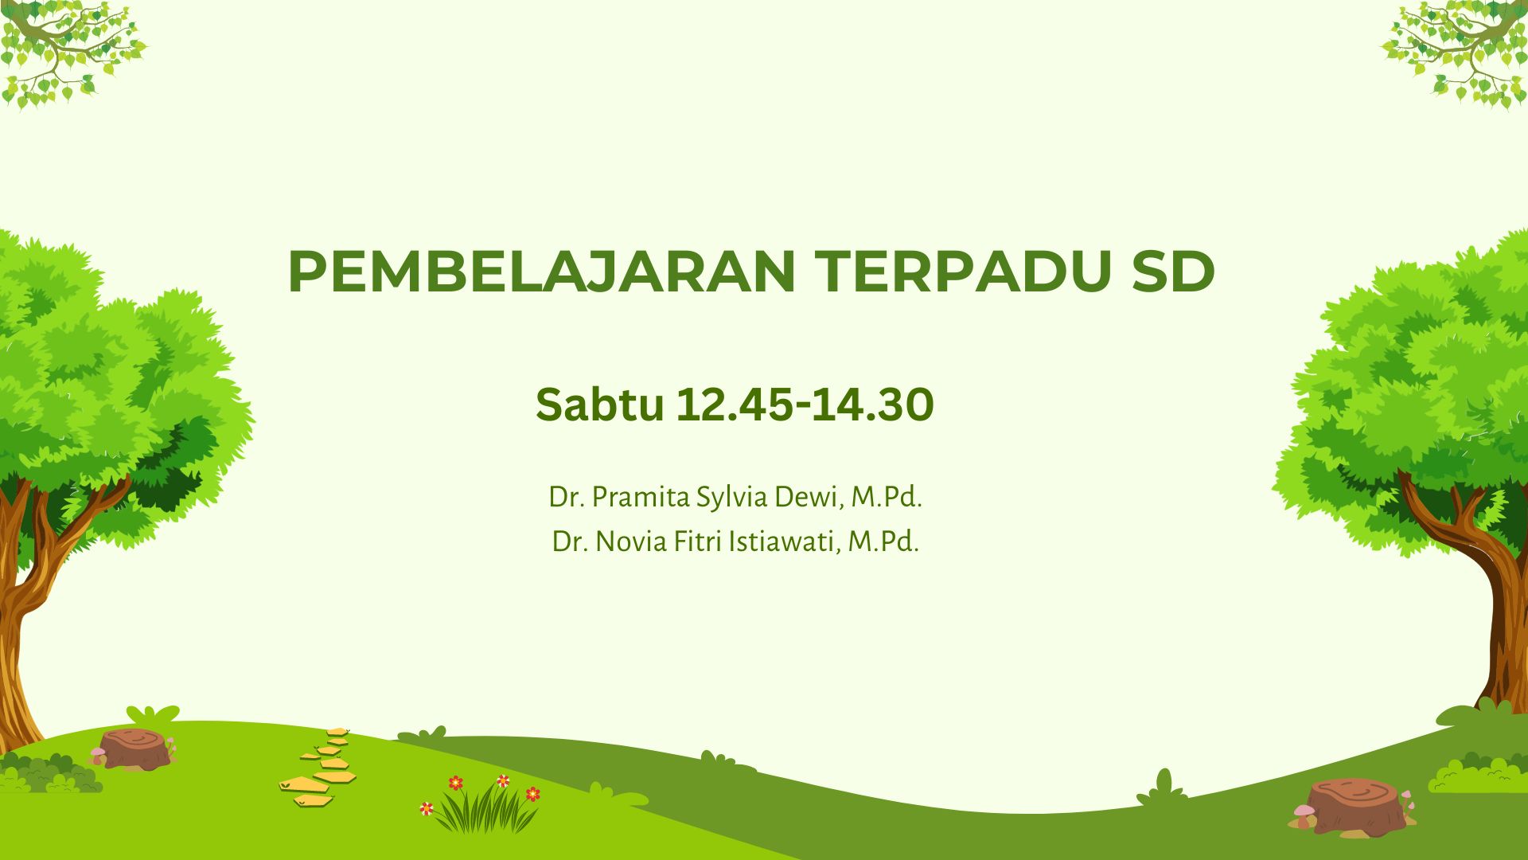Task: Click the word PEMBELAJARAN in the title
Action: tap(542, 272)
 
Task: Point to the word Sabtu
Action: tap(599, 405)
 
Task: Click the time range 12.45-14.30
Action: tap(805, 405)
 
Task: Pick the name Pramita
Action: tap(641, 497)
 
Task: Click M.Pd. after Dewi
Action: tap(887, 497)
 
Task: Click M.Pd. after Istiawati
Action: tap(883, 541)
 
